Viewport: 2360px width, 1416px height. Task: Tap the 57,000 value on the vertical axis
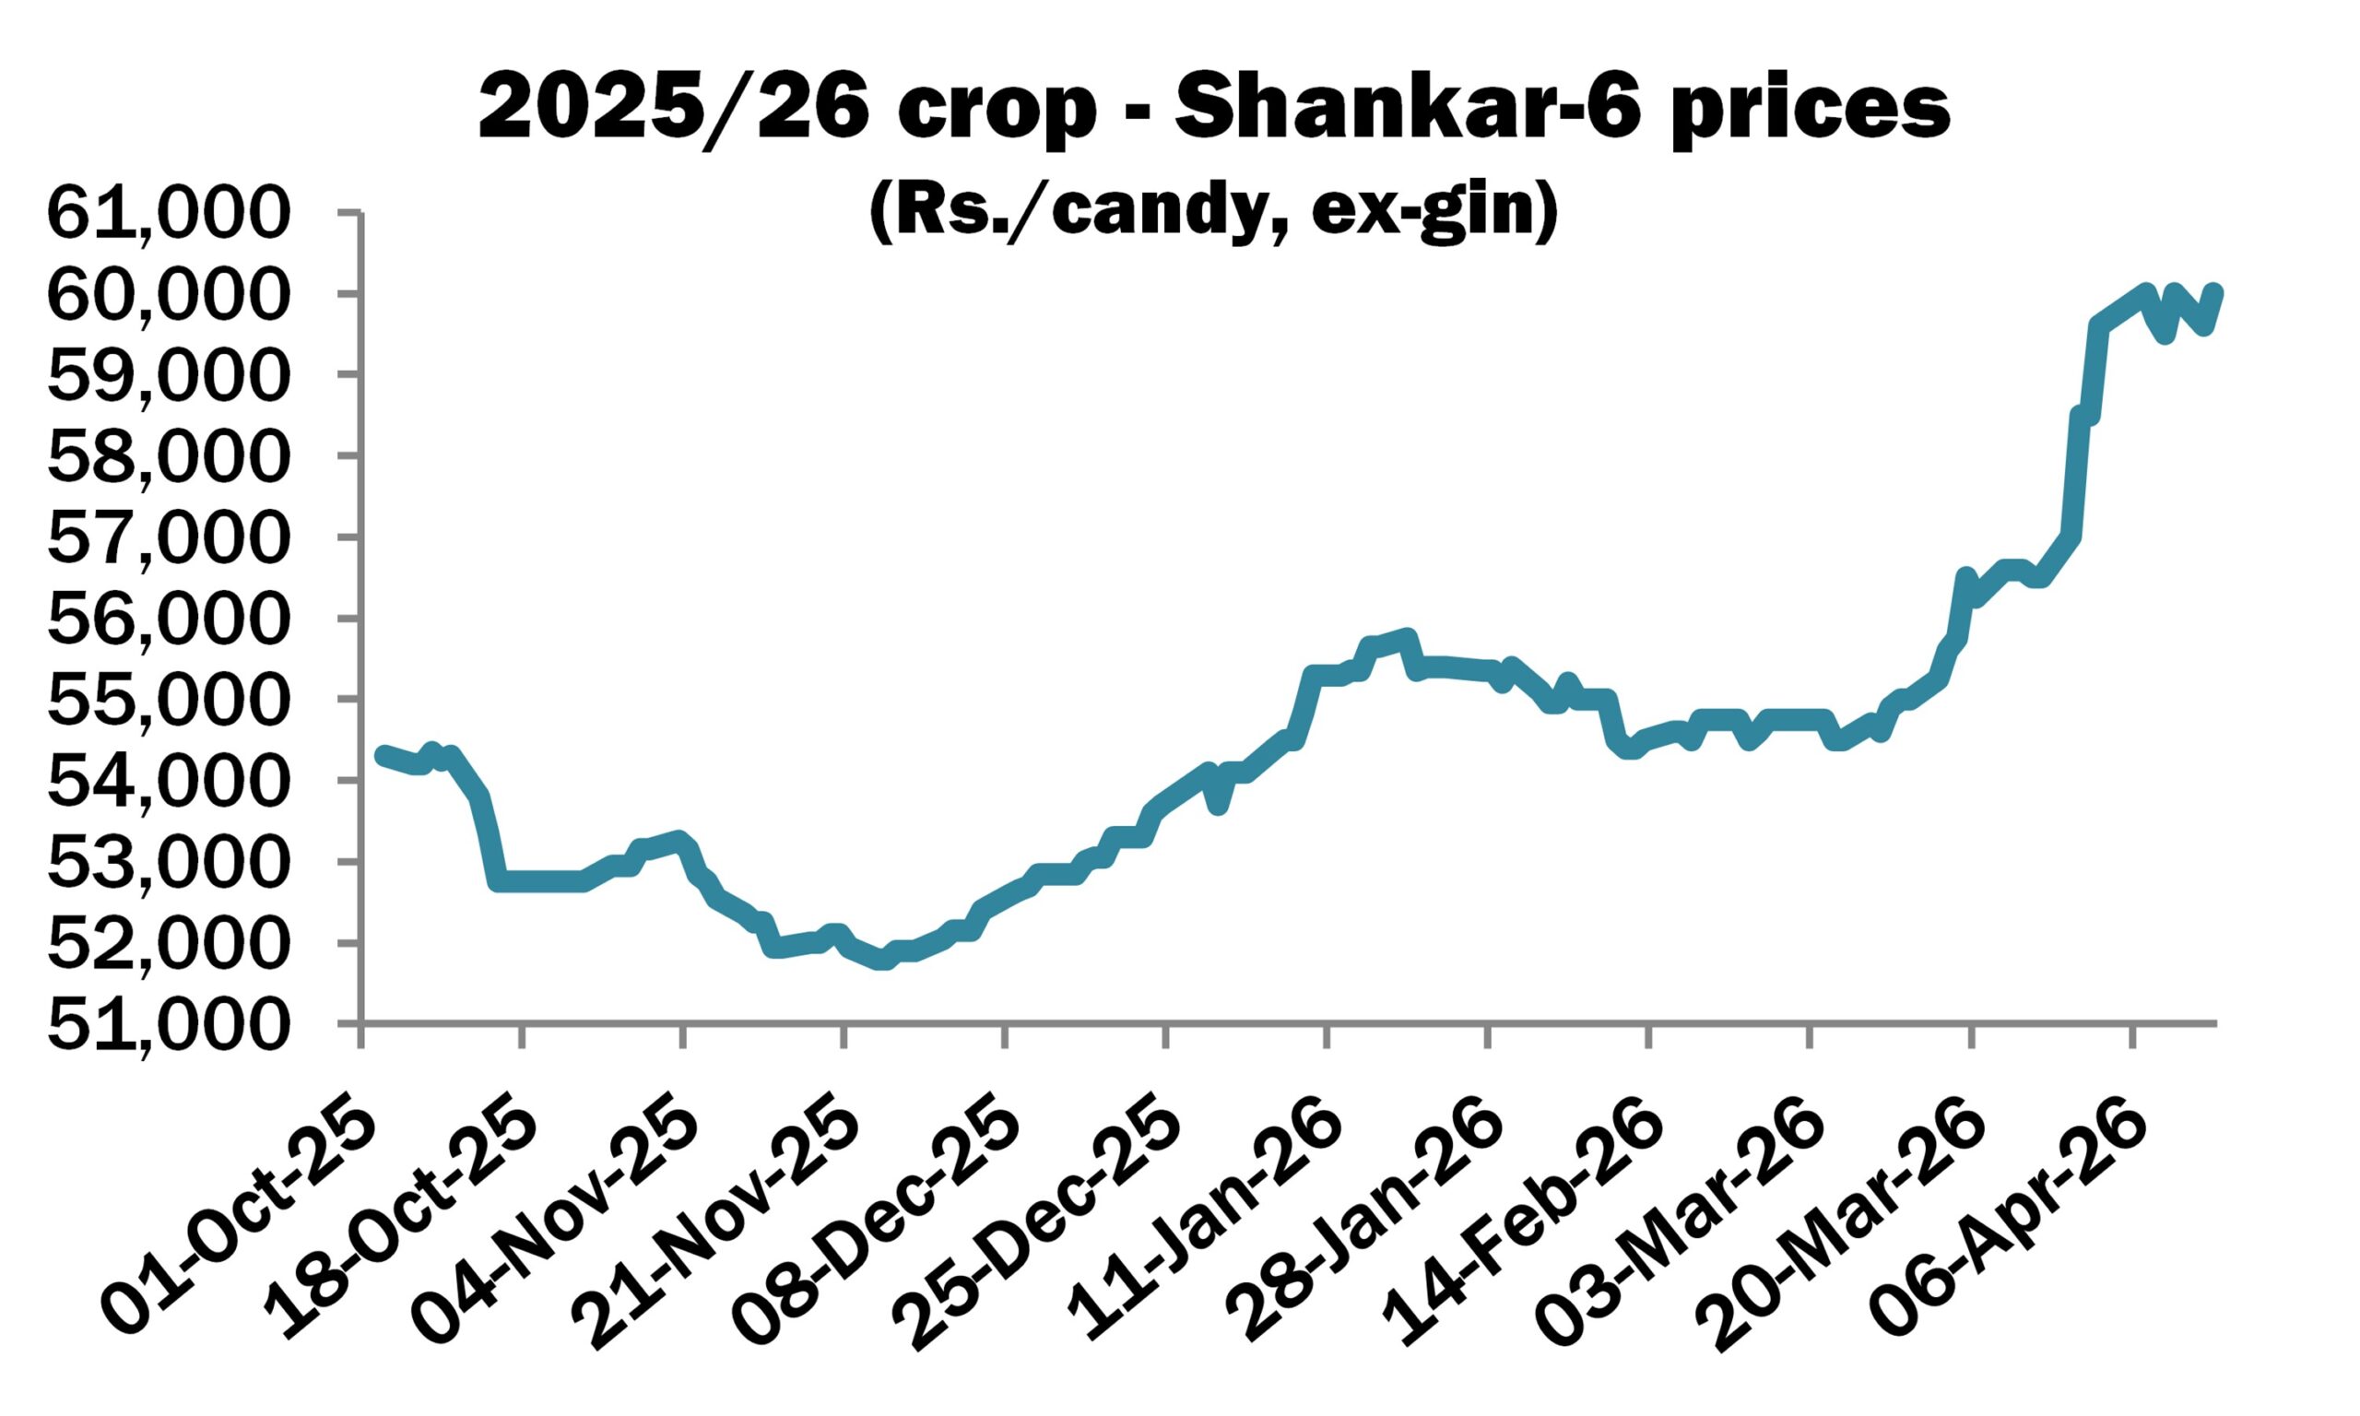pos(167,539)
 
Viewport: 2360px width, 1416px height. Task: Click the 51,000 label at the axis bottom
pos(167,1027)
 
